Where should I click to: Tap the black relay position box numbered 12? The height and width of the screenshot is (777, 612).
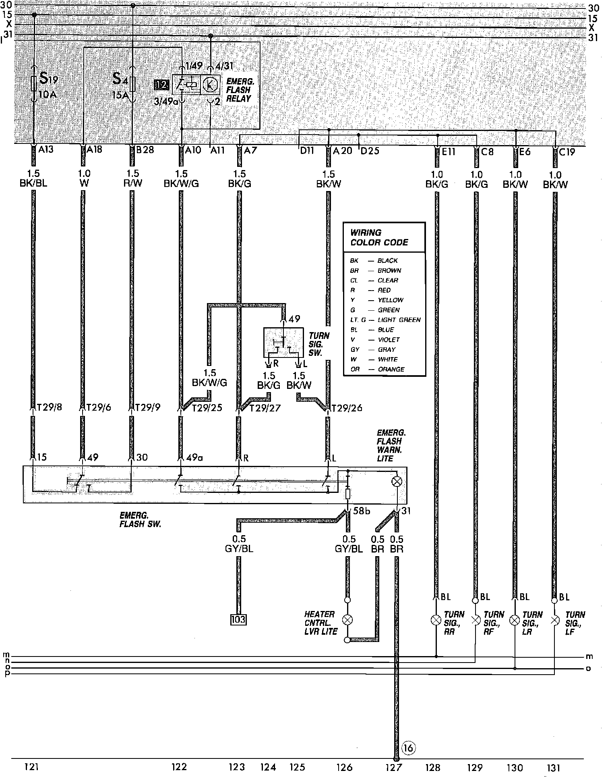162,85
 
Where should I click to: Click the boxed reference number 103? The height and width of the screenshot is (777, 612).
238,619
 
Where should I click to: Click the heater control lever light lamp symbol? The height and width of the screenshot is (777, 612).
347,619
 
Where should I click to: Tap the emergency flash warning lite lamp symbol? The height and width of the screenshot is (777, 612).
397,481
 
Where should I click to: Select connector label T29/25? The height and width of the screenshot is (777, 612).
207,408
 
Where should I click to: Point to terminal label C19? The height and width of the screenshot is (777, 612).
567,152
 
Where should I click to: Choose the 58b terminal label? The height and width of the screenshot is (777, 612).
361,511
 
